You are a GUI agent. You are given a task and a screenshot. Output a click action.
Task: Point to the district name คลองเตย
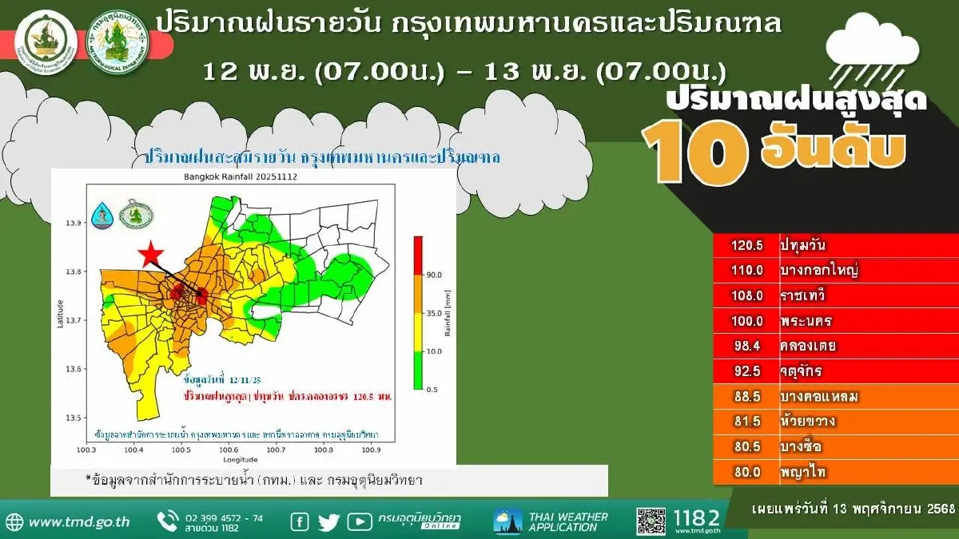coord(808,347)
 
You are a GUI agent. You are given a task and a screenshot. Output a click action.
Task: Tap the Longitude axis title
coord(240,460)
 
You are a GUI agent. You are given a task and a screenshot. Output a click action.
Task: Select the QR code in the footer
coord(651,521)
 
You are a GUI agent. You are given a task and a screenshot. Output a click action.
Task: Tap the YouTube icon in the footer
coord(360,522)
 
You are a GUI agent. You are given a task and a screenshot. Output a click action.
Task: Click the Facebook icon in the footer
coord(300,522)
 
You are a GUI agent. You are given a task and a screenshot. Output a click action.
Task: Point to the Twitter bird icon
coord(329,522)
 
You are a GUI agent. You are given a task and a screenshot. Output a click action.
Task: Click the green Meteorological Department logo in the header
coord(117,40)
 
